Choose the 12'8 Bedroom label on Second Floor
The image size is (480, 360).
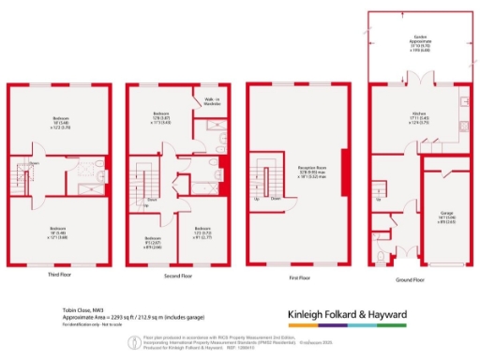click(160, 117)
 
